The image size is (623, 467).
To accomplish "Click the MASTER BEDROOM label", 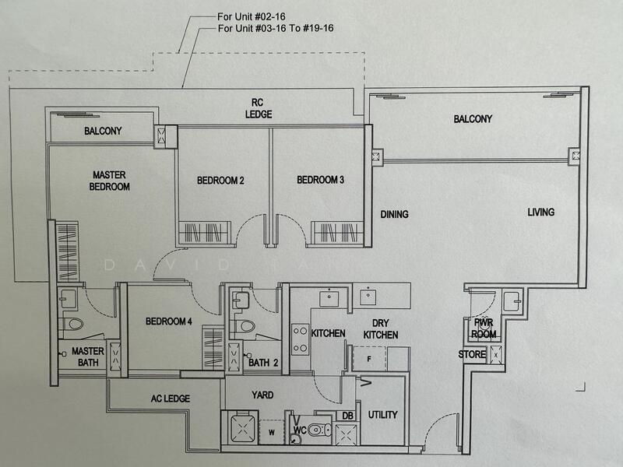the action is pyautogui.click(x=109, y=181).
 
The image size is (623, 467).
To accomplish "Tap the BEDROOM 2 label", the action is pyautogui.click(x=220, y=181).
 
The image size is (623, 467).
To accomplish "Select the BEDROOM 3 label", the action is pyautogui.click(x=320, y=180).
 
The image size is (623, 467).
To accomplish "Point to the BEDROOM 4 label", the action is pyautogui.click(x=169, y=321).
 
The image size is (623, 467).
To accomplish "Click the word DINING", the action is pyautogui.click(x=395, y=215).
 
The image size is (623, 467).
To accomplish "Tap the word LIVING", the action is pyautogui.click(x=540, y=212).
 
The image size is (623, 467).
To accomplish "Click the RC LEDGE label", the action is pyautogui.click(x=259, y=108).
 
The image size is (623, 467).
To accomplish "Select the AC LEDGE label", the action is pyautogui.click(x=171, y=399).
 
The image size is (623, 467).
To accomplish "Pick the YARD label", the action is pyautogui.click(x=262, y=395).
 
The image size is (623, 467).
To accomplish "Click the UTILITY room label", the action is pyautogui.click(x=382, y=415).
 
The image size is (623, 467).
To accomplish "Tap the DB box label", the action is pyautogui.click(x=347, y=416).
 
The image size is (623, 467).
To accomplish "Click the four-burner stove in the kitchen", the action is pyautogui.click(x=300, y=339).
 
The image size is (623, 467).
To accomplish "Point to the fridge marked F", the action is pyautogui.click(x=368, y=359).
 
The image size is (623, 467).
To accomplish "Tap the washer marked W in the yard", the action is pyautogui.click(x=272, y=432).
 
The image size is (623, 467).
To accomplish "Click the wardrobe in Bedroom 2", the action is pyautogui.click(x=204, y=233).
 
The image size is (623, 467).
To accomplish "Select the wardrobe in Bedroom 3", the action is pyautogui.click(x=337, y=232).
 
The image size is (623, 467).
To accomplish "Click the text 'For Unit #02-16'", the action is pyautogui.click(x=251, y=16).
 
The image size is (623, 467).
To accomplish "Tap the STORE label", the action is pyautogui.click(x=472, y=354).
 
